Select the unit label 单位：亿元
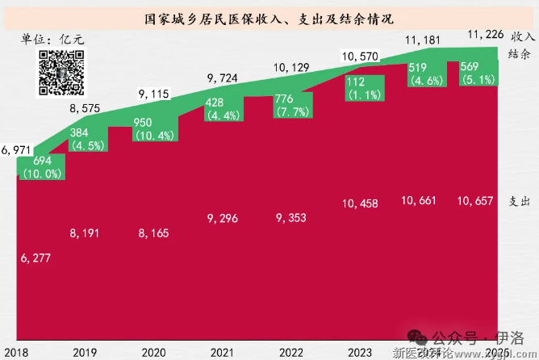(x=52, y=39)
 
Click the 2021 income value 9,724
(x=224, y=78)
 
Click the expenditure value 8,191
(x=86, y=233)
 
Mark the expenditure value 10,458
(x=360, y=201)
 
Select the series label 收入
(x=520, y=36)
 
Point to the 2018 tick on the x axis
(x=15, y=352)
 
